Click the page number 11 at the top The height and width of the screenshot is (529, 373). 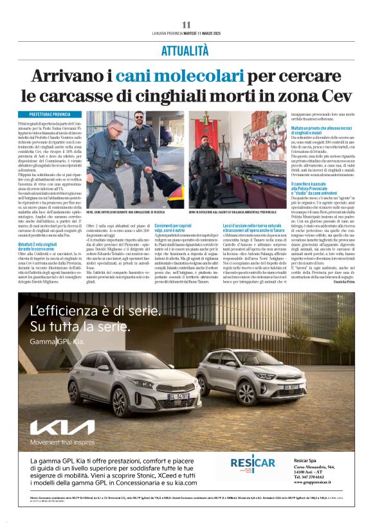pos(186,24)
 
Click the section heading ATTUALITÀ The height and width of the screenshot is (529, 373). pos(185,50)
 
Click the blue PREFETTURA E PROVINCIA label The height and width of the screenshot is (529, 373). pos(46,114)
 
